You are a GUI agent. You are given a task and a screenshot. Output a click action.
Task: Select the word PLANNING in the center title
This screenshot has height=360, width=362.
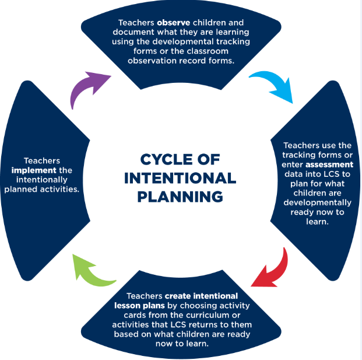[x=181, y=197]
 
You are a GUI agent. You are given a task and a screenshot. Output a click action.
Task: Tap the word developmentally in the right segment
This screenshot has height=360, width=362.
[x=317, y=202]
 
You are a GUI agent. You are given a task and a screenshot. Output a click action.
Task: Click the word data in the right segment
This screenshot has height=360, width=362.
[x=292, y=174]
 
